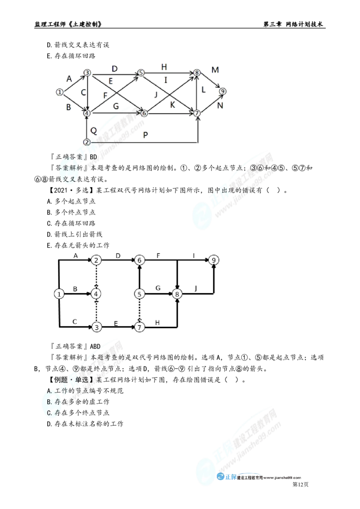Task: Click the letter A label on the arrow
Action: click(x=69, y=79)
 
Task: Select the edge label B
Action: click(x=69, y=107)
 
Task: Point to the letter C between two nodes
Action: click(x=83, y=93)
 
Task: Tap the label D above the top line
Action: click(x=115, y=68)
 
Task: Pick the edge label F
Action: click(x=105, y=96)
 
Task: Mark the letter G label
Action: click(x=116, y=106)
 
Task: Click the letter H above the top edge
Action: click(x=164, y=67)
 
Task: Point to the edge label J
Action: click(x=156, y=95)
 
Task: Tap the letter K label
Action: click(x=172, y=104)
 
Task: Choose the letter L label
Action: click(x=204, y=90)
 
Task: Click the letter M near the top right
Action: click(x=215, y=69)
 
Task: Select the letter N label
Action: click(x=220, y=106)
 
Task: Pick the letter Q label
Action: click(x=93, y=130)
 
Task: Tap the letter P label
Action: click(x=145, y=135)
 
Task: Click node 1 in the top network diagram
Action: click(x=59, y=92)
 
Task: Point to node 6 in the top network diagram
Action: click(x=144, y=113)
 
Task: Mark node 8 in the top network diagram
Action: click(x=197, y=72)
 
